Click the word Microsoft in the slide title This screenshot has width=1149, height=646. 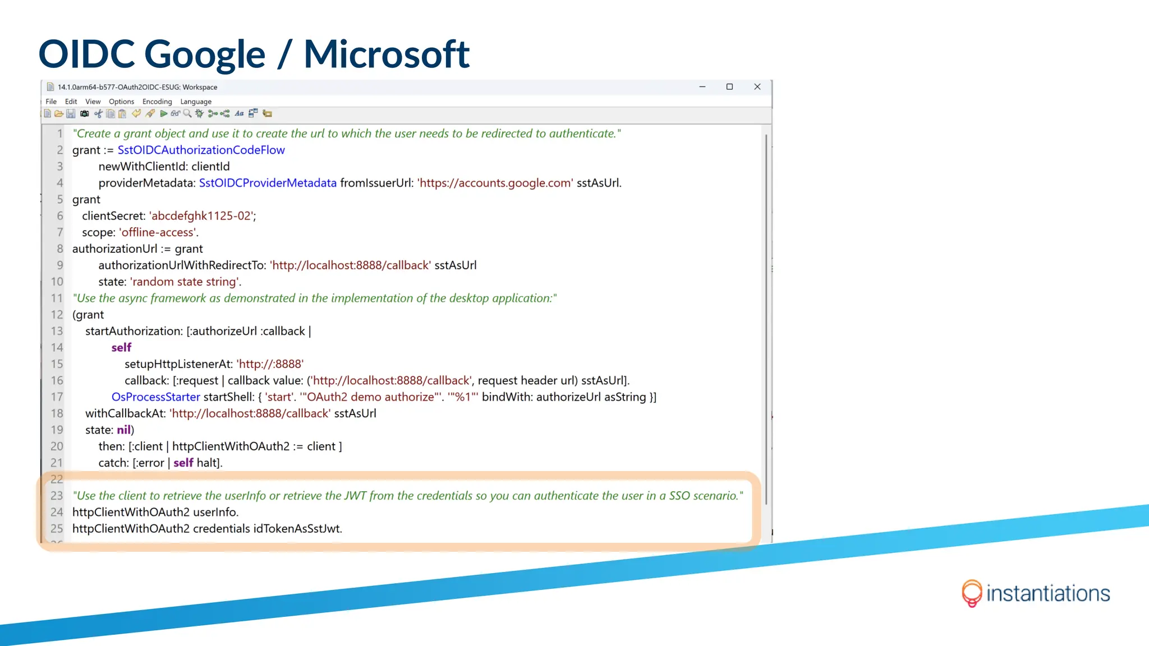coord(386,54)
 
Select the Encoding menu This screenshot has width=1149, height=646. coord(157,101)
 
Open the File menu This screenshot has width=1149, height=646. coord(51,101)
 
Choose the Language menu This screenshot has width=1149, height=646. coord(196,101)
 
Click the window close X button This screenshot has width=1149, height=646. coord(757,87)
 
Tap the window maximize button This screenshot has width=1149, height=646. coord(729,87)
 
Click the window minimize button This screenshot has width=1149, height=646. coord(702,87)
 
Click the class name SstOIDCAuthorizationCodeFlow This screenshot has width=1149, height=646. coord(201,150)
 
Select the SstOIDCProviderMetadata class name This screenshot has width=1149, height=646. coord(268,183)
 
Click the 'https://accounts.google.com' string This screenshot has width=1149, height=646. coord(495,183)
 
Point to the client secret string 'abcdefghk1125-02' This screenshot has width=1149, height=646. coord(202,216)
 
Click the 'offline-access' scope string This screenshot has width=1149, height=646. coord(158,233)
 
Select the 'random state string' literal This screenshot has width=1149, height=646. coord(185,282)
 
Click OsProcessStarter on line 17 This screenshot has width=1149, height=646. coord(155,397)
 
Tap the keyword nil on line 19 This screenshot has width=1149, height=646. coord(123,430)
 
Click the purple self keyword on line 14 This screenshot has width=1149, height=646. coord(121,348)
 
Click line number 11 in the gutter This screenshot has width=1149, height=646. coord(57,298)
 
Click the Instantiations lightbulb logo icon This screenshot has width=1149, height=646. coord(971,593)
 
